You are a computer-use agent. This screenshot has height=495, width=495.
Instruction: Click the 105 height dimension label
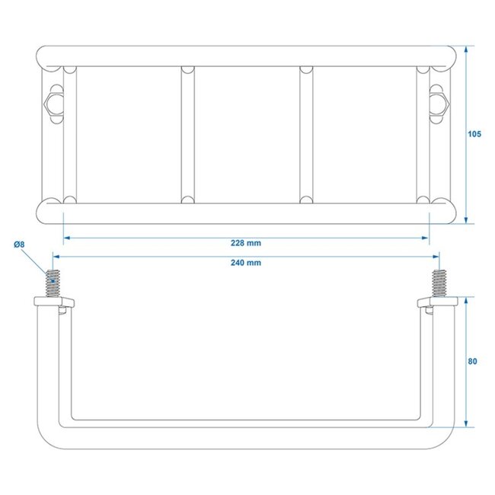pos(474,134)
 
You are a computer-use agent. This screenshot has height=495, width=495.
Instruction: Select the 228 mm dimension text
pos(247,244)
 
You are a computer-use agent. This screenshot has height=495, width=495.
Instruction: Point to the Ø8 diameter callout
pos(20,244)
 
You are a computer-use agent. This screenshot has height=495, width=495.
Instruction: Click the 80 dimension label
pos(474,361)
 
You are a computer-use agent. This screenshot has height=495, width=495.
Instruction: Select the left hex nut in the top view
pos(56,104)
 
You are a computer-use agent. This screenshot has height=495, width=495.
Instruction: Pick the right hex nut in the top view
pos(437,104)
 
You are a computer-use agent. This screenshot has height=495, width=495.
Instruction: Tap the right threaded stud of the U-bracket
pos(438,284)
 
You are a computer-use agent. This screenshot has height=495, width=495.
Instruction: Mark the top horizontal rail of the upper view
pos(247,56)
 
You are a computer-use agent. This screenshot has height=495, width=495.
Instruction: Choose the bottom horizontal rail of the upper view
pos(247,214)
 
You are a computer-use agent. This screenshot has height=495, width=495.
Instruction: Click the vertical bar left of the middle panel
pos(187,135)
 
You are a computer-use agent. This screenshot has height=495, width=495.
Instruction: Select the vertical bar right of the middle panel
pos(306,135)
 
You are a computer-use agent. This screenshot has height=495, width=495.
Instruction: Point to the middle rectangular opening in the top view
pos(247,135)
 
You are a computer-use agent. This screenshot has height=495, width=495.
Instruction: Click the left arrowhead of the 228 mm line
pos(67,237)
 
